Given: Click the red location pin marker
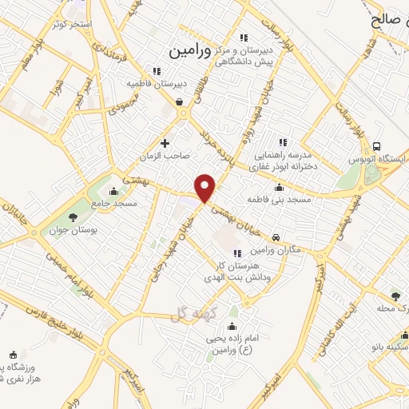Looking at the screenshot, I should click(x=206, y=188).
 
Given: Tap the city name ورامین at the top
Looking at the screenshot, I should click(x=191, y=50).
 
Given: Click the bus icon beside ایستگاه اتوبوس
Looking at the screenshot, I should click(x=375, y=145).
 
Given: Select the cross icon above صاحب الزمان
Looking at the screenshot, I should click(x=165, y=144).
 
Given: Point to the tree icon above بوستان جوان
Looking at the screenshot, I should click(x=73, y=216).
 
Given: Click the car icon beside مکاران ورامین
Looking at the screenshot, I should click(x=276, y=237).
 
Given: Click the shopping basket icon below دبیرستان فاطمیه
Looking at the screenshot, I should click(x=179, y=101).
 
